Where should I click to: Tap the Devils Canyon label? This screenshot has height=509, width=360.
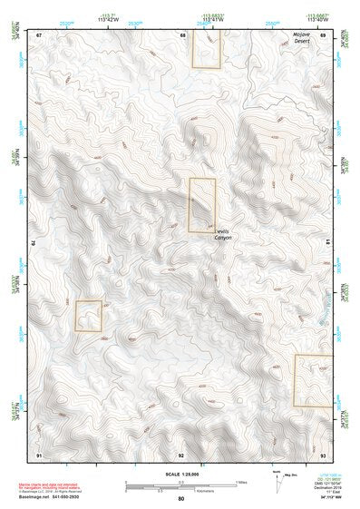coord(223,234)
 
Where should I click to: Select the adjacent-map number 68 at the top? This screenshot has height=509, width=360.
coord(182,34)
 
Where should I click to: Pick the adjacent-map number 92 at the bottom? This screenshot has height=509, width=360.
coord(182,454)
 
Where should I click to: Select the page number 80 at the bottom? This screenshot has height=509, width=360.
coord(181,500)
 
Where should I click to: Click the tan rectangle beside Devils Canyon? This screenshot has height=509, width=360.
coord(201,205)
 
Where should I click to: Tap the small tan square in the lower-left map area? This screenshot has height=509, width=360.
coord(88,316)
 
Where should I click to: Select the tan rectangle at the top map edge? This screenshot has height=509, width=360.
coord(207,48)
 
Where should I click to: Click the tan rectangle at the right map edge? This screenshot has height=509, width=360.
coord(309,380)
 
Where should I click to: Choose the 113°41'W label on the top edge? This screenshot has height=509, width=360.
coord(214,18)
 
